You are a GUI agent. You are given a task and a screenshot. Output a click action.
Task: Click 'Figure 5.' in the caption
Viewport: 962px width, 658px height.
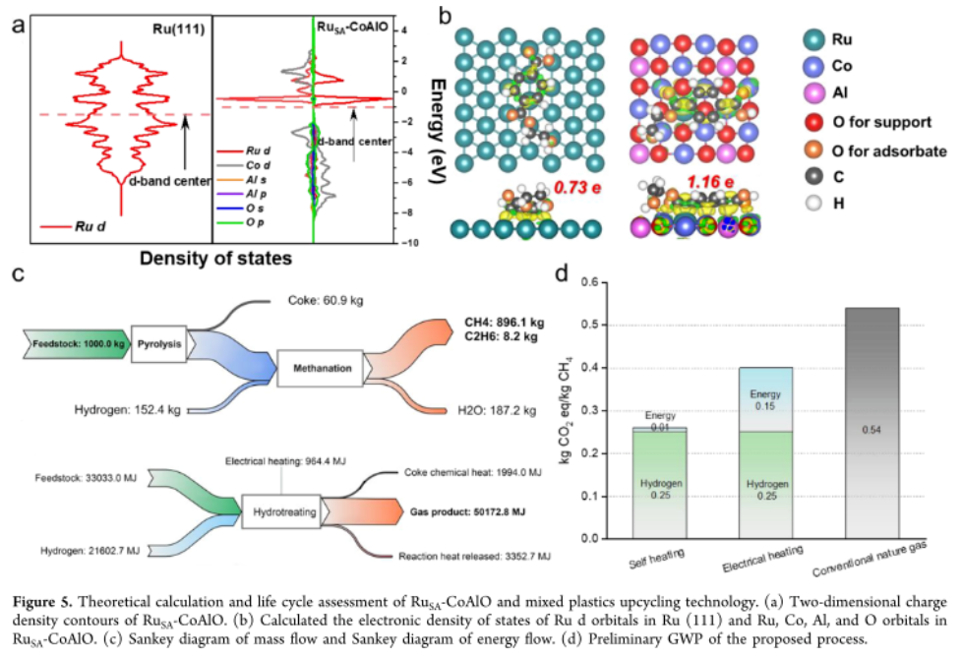(40, 602)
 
